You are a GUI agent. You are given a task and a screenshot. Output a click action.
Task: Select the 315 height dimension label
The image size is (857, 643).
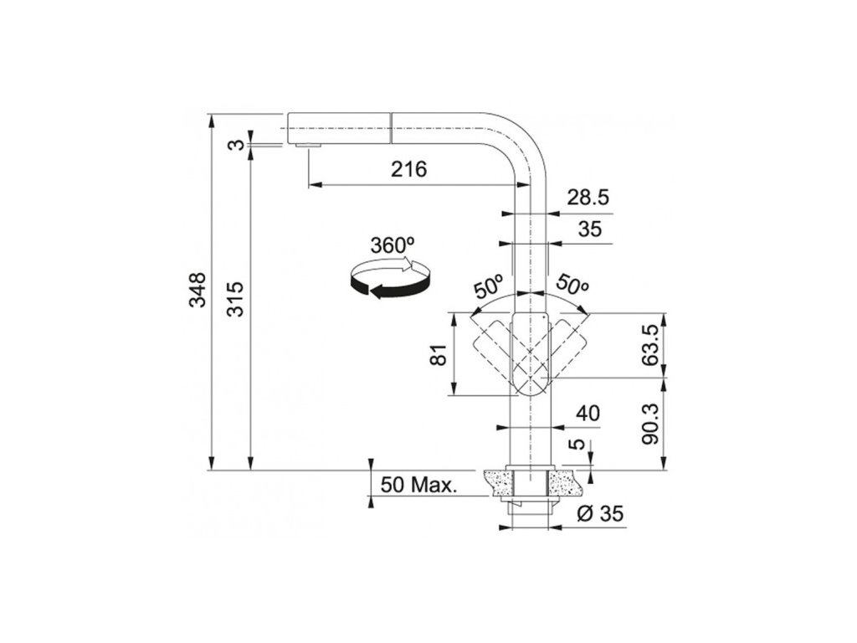tap(235, 299)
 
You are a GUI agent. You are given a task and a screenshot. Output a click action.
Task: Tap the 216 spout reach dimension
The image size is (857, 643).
tap(408, 169)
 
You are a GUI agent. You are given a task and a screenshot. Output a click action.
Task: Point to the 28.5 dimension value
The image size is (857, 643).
tap(588, 198)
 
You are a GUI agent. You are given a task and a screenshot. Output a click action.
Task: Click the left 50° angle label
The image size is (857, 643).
tap(489, 287)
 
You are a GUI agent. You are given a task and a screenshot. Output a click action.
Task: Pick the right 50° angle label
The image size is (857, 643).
tap(572, 285)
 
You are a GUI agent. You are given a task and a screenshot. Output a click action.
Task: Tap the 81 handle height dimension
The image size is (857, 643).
tap(440, 354)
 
